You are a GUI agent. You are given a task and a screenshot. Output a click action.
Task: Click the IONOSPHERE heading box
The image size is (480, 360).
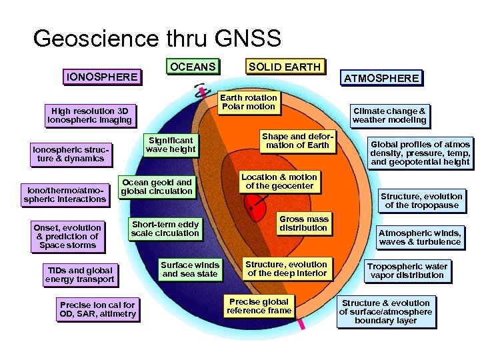click(101, 77)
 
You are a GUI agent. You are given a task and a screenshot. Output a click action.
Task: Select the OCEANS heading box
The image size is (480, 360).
click(193, 67)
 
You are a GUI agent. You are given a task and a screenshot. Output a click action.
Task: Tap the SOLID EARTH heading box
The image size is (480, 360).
click(284, 67)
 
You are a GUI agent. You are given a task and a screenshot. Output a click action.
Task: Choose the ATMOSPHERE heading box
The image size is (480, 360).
click(381, 78)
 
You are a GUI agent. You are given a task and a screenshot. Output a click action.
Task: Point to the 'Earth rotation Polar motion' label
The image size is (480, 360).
click(248, 102)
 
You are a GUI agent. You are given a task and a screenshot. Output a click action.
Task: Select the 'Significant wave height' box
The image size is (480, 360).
click(171, 145)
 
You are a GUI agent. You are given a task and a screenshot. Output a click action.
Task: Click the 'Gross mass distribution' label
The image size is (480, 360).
click(303, 223)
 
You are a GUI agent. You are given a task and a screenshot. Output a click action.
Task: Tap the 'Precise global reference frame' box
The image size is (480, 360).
click(259, 305)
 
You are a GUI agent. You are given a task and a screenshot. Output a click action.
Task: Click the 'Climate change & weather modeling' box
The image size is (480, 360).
click(389, 115)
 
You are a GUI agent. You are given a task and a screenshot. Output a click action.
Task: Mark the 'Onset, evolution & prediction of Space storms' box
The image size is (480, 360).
click(67, 236)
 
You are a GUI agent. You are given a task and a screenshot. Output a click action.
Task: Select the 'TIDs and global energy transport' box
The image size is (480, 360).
click(79, 275)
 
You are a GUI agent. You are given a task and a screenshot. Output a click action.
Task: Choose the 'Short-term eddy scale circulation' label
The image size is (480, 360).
click(165, 229)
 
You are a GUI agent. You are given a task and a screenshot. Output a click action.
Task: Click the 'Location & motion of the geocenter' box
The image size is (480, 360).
click(279, 181)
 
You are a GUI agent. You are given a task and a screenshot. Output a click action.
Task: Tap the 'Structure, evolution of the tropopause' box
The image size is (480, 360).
click(421, 201)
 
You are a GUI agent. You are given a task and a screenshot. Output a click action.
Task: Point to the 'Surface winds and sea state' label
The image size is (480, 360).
click(190, 269)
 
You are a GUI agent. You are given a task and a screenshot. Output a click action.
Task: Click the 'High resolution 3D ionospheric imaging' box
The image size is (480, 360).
click(89, 116)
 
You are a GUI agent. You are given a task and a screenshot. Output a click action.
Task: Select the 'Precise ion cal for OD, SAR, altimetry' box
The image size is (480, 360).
click(97, 309)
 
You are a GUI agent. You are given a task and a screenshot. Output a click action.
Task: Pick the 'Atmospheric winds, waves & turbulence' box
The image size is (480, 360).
click(419, 237)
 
